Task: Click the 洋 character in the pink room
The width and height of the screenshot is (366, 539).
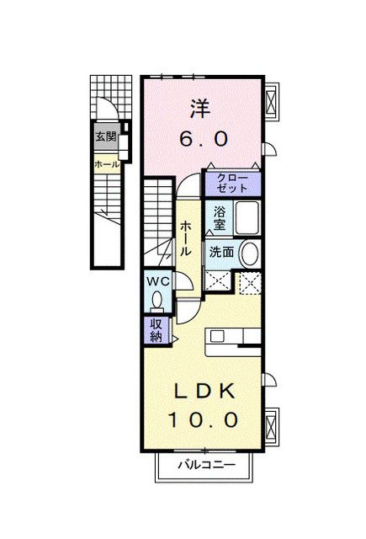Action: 199,108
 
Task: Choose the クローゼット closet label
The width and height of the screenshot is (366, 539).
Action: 232,183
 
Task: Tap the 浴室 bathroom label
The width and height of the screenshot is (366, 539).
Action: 219,218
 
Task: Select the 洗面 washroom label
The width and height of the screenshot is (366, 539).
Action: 221,251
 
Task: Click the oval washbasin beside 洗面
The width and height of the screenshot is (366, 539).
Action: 249,253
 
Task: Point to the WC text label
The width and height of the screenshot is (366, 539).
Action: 157,281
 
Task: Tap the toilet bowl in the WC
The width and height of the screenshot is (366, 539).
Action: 157,300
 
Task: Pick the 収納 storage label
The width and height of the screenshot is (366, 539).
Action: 156,330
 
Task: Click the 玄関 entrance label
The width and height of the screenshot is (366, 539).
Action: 106,137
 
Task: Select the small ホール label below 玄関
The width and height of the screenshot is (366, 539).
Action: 106,165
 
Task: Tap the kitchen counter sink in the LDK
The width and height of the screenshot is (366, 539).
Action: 217,336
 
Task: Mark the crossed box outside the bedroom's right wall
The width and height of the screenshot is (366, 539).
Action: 271,103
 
